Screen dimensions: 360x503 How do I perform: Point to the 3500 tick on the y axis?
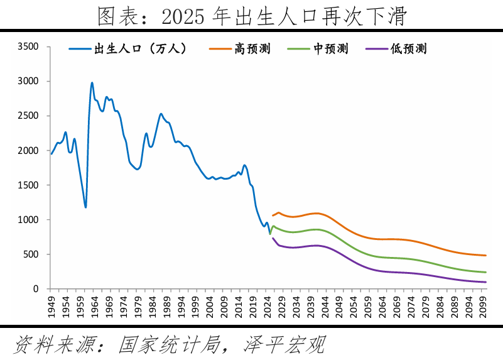tap(28, 46)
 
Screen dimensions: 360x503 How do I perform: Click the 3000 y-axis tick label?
tap(28, 81)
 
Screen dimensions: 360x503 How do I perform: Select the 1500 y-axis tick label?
tap(28, 185)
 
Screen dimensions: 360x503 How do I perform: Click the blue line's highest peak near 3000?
tap(92, 82)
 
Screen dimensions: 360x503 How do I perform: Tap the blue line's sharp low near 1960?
tap(85, 207)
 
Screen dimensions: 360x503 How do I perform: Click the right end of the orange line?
tap(486, 255)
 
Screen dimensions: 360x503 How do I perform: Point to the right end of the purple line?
tap(486, 282)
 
